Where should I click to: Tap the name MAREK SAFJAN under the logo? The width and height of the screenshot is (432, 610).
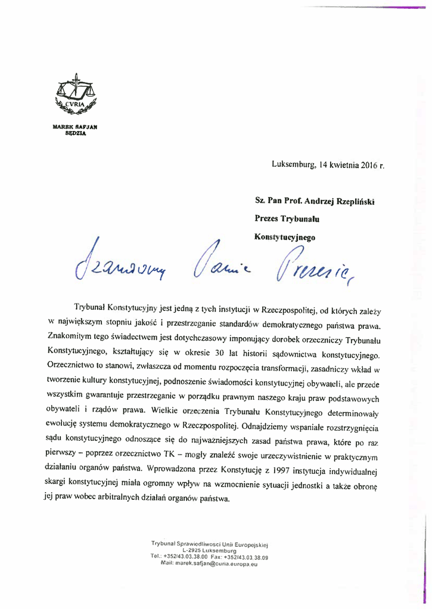[75, 127]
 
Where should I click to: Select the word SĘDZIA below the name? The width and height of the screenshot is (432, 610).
[75, 134]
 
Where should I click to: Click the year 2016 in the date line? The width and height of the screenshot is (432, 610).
[369, 165]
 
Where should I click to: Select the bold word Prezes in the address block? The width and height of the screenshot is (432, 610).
[268, 219]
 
